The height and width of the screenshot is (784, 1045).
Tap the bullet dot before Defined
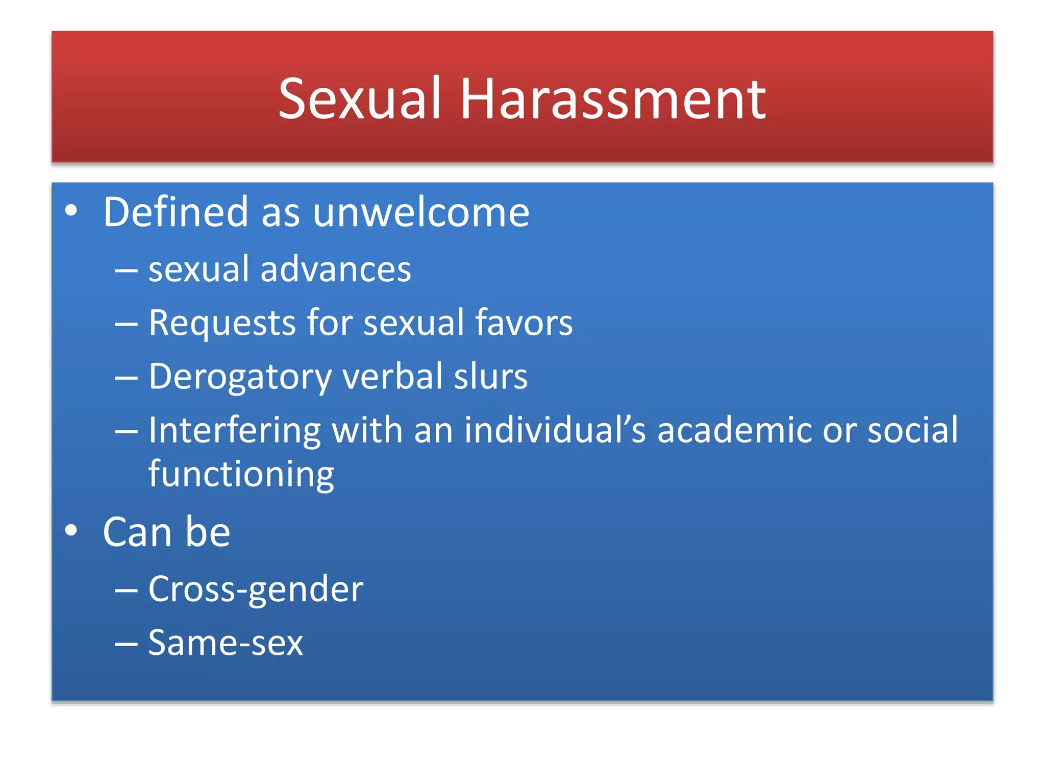(71, 210)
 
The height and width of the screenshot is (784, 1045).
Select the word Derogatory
(240, 377)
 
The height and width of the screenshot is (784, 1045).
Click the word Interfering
(234, 430)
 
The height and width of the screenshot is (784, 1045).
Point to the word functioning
(241, 474)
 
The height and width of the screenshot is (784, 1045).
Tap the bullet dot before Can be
(71, 530)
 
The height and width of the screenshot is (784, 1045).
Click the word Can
(137, 532)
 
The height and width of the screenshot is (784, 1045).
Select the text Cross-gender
(256, 590)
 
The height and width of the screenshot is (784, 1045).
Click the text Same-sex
(226, 643)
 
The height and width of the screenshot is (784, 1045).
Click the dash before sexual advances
(126, 271)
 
